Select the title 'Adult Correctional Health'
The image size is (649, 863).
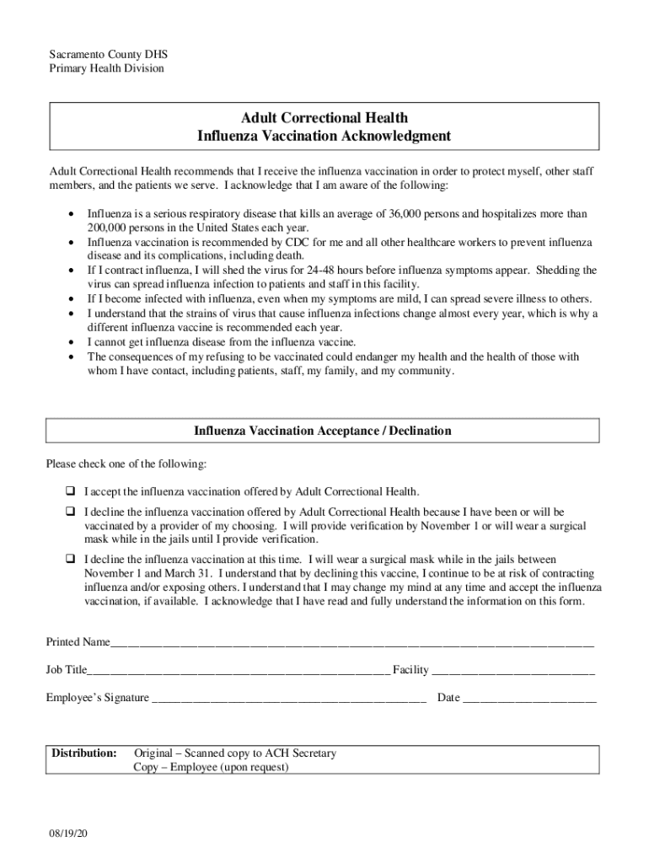[x=324, y=118]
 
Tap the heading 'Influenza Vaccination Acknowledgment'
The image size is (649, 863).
[x=324, y=136]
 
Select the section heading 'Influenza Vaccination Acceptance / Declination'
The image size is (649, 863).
[x=323, y=431]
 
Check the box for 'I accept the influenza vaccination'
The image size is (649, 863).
[x=71, y=490]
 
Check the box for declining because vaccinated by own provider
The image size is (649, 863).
[x=71, y=512]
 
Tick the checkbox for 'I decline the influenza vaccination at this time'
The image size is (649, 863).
[x=71, y=559]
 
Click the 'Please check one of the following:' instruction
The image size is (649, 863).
[x=126, y=464]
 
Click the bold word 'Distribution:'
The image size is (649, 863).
[x=84, y=753]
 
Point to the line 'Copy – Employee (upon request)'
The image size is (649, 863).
[x=211, y=767]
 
